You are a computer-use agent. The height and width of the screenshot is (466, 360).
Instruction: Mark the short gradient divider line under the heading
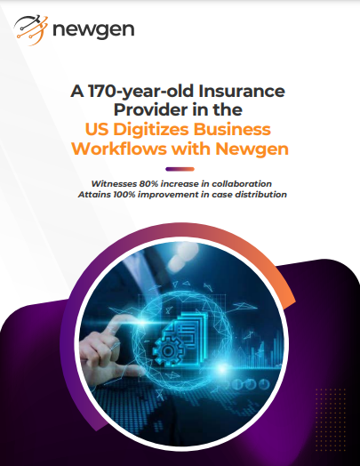180,168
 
